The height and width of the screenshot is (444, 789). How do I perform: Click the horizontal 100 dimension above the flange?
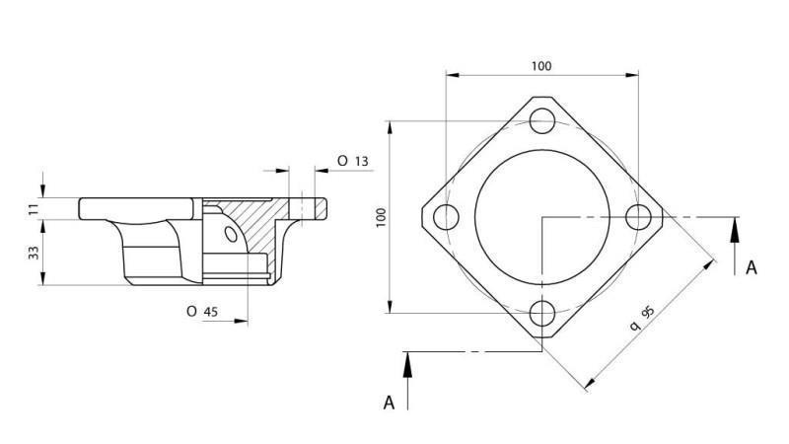tap(540, 66)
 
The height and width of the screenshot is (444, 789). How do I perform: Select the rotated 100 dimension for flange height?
tap(381, 217)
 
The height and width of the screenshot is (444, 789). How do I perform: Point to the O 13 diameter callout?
tap(352, 161)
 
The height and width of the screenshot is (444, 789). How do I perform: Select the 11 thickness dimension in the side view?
tap(34, 208)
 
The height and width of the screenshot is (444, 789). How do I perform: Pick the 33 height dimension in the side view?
tap(34, 253)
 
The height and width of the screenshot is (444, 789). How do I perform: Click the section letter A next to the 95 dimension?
tap(752, 267)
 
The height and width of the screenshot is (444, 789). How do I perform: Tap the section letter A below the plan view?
tap(390, 402)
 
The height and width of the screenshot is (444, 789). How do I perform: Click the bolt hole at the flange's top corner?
tap(540, 121)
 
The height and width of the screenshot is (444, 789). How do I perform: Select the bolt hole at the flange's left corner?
tap(445, 217)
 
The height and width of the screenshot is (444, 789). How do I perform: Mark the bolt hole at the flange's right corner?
tap(637, 217)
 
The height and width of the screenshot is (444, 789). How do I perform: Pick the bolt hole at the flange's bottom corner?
tap(540, 314)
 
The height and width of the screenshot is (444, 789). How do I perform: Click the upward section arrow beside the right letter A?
tap(735, 242)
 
